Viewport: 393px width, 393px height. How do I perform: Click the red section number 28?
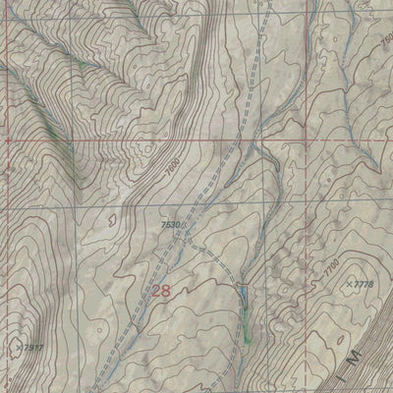(163, 291)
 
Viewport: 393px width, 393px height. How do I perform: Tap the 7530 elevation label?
(172, 225)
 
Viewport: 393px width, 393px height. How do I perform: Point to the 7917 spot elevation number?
(31, 347)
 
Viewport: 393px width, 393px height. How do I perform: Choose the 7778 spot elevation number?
(362, 284)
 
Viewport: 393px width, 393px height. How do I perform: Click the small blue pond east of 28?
(239, 294)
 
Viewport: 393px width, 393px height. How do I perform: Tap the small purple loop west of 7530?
(110, 221)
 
